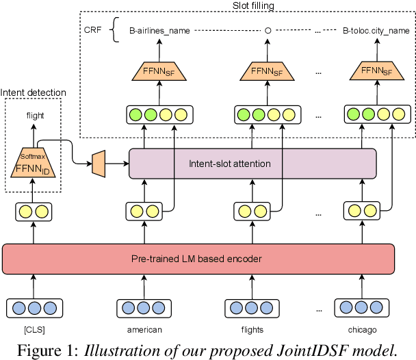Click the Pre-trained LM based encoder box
point(199,259)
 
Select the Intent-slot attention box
point(252,164)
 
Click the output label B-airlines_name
point(160,31)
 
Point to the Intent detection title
point(34,92)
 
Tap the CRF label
point(92,30)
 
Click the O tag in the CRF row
point(268,31)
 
